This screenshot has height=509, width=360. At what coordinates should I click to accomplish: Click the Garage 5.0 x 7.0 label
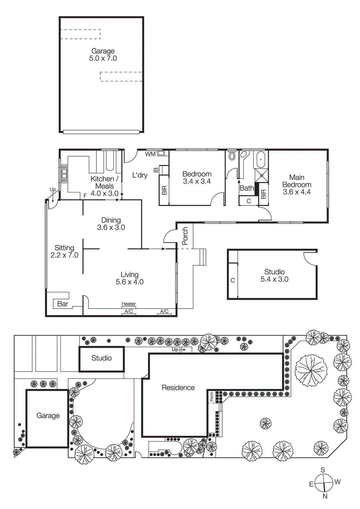pyautogui.click(x=103, y=55)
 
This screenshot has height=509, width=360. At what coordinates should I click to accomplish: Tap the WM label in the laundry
pyautogui.click(x=150, y=154)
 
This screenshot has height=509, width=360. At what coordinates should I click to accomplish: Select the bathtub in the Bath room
pyautogui.click(x=261, y=159)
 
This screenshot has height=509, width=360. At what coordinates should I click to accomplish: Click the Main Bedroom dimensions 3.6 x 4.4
pyautogui.click(x=297, y=192)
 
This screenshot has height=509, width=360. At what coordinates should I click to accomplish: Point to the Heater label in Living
pyautogui.click(x=129, y=304)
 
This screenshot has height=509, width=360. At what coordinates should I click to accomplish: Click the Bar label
pyautogui.click(x=63, y=304)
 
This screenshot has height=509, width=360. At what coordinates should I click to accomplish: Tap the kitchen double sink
pyautogui.click(x=64, y=173)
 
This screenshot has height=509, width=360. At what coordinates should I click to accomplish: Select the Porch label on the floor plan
pyautogui.click(x=185, y=236)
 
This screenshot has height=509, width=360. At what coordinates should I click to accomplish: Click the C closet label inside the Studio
pyautogui.click(x=233, y=280)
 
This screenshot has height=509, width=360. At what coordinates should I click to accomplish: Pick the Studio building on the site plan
pyautogui.click(x=102, y=359)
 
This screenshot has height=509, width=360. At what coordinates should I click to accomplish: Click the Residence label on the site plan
pyautogui.click(x=178, y=387)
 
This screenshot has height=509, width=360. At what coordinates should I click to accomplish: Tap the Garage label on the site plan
pyautogui.click(x=48, y=415)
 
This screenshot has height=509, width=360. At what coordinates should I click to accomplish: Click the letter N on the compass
pyautogui.click(x=325, y=496)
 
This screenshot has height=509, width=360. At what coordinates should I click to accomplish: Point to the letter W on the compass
pyautogui.click(x=338, y=482)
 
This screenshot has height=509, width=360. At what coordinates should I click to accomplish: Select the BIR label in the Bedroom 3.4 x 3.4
pyautogui.click(x=164, y=190)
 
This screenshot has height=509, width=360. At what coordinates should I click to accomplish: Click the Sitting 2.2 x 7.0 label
pyautogui.click(x=64, y=251)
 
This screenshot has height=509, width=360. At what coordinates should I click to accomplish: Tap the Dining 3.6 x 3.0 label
pyautogui.click(x=111, y=224)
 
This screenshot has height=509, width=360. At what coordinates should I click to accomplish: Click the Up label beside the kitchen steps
pyautogui.click(x=53, y=190)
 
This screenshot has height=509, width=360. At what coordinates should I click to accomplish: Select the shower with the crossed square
pyautogui.click(x=262, y=175)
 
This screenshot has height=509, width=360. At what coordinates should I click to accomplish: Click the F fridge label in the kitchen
pyautogui.click(x=85, y=196)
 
